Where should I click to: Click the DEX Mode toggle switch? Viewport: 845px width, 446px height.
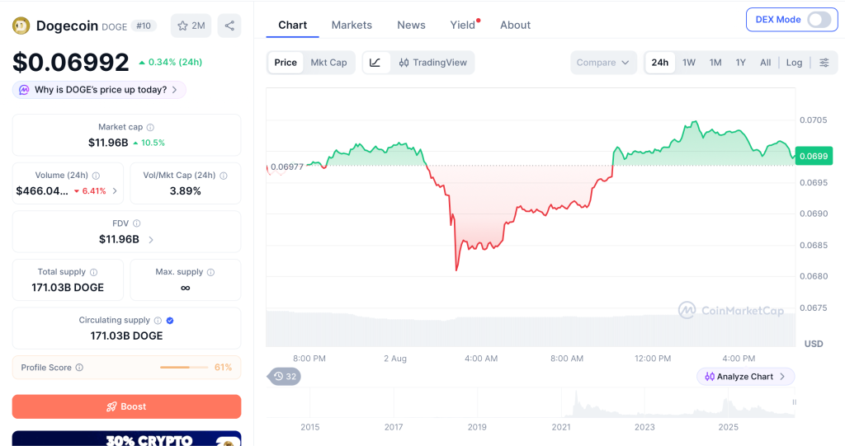tap(819, 20)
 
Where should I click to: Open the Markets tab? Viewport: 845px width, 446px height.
tap(352, 26)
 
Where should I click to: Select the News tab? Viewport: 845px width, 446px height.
tap(411, 26)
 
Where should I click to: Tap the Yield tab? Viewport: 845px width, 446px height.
tap(462, 26)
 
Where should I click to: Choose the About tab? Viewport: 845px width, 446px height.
tap(515, 26)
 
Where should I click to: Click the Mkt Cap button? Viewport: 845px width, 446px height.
tap(328, 63)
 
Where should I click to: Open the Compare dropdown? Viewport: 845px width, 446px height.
tap(603, 63)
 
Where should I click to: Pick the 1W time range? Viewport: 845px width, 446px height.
tap(689, 63)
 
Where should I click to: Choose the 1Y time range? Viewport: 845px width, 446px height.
tap(740, 63)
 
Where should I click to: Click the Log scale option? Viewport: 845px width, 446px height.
tap(794, 63)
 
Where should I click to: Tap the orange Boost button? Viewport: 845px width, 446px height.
tap(126, 406)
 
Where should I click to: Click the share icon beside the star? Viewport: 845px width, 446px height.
tap(229, 26)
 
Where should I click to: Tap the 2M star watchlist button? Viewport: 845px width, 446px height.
tap(191, 26)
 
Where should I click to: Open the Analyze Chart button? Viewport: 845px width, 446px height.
tap(745, 377)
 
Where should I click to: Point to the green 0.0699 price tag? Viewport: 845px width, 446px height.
tap(813, 156)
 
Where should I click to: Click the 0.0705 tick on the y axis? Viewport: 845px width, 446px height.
tap(813, 120)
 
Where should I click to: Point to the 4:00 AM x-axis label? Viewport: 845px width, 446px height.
tap(481, 358)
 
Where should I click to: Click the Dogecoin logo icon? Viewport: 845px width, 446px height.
tap(21, 26)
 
